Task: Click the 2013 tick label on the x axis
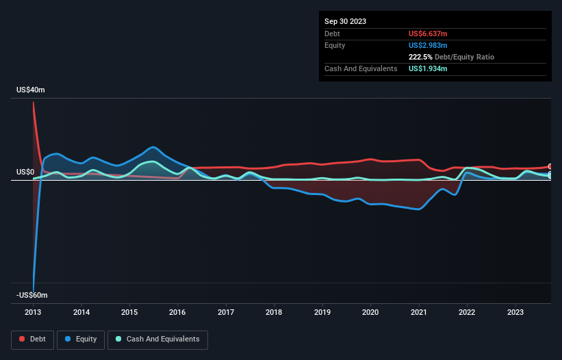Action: [x=33, y=312]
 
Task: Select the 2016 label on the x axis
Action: [x=178, y=312]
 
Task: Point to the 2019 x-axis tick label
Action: [x=322, y=312]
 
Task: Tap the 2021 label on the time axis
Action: [x=419, y=312]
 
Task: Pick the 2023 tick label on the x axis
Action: [x=515, y=312]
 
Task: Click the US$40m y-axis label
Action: [x=31, y=90]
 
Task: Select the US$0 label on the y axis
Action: [x=26, y=172]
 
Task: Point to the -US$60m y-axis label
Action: [x=32, y=295]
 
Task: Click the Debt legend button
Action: [x=33, y=339]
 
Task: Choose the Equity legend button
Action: [x=81, y=339]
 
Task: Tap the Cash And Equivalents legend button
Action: [x=157, y=339]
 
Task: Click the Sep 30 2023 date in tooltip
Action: [x=345, y=21]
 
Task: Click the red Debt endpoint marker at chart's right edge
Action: [x=550, y=166]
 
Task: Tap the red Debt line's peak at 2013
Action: [x=33, y=101]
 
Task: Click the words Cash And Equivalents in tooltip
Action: [x=360, y=69]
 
